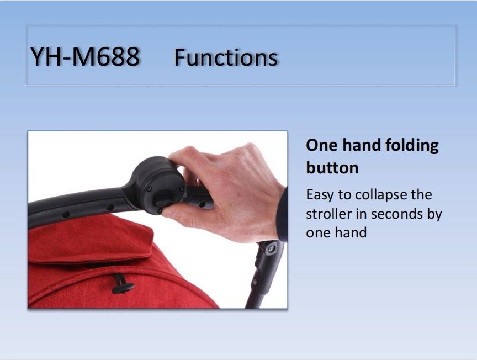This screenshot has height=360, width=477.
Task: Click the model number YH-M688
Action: (85, 57)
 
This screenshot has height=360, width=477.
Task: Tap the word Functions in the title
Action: (226, 57)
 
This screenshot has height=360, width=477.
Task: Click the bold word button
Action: (332, 168)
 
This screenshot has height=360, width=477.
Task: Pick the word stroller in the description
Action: (328, 214)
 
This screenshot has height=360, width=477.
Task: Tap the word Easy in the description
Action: (320, 195)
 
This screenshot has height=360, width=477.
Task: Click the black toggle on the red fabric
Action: (123, 285)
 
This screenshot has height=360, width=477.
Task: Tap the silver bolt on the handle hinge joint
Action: (270, 250)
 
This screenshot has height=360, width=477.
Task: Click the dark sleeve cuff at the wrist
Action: (282, 215)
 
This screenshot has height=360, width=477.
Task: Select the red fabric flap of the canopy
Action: (91, 239)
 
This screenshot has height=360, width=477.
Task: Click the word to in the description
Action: (344, 195)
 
